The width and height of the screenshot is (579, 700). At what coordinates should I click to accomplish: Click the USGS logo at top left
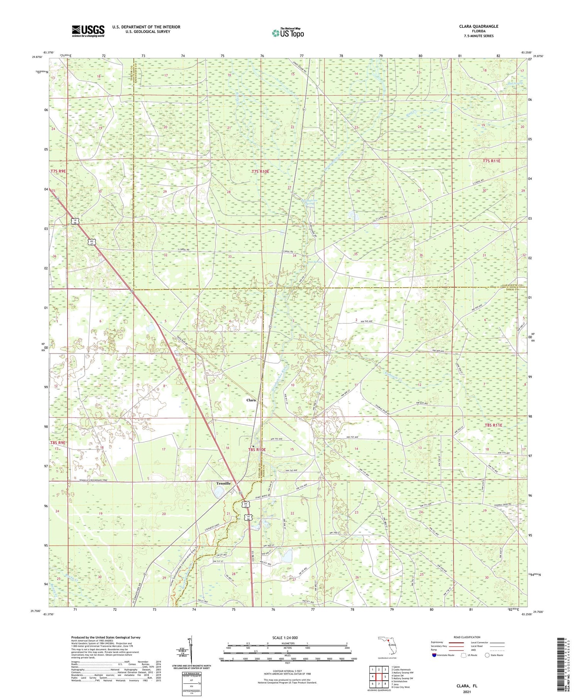(88, 31)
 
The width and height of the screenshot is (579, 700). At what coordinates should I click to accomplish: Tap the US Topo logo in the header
(288, 33)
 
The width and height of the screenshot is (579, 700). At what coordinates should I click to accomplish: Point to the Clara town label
(251, 400)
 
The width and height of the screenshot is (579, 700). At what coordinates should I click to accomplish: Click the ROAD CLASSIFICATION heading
(467, 637)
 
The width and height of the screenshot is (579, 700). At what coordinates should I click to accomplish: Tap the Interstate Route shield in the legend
(434, 655)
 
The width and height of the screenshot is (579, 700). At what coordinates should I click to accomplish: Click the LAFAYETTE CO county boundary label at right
(512, 285)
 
